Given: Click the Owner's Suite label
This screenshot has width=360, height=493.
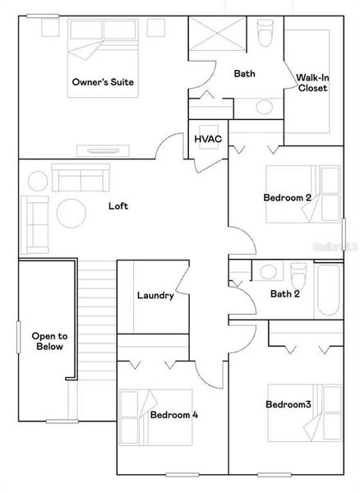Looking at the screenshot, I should coord(104,82).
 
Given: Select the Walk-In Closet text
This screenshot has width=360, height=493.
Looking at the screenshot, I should coord(312,82).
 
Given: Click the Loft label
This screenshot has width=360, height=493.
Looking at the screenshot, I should coord(119,206).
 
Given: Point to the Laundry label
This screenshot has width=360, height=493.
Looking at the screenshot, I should coord(155,296).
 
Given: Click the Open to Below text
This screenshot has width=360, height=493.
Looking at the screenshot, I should coord(48,342).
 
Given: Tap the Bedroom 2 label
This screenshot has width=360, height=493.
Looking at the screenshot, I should coord(287,197).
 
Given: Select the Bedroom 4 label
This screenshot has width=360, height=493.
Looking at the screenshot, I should coord(173,415).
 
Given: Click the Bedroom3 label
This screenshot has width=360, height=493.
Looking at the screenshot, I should coord(288,404).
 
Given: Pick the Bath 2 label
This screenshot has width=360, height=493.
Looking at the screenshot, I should coord(286,294).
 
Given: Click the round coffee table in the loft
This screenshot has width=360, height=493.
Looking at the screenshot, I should coord(71,214).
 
